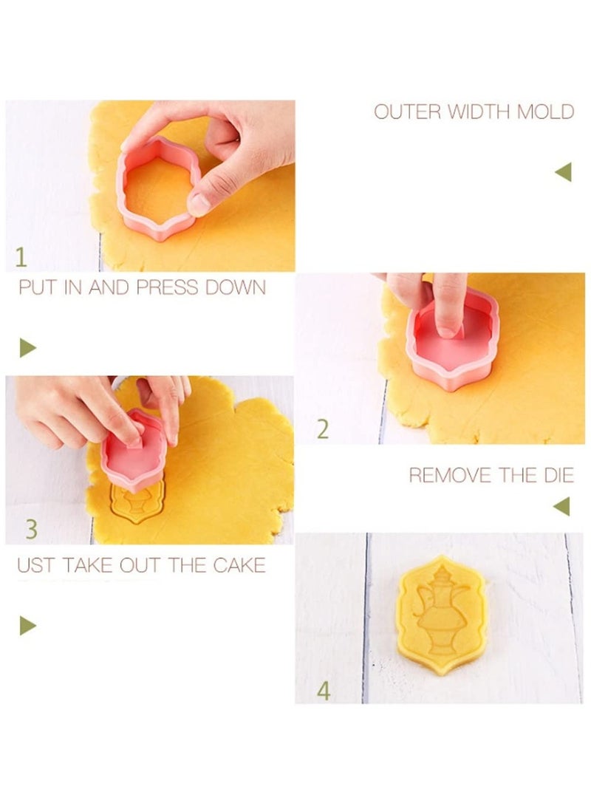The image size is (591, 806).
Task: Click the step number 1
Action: pyautogui.click(x=21, y=258)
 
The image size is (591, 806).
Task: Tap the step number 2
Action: pyautogui.click(x=322, y=429)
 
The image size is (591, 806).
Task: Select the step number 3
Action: pyautogui.click(x=32, y=529)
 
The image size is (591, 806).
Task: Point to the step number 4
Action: pyautogui.click(x=324, y=691)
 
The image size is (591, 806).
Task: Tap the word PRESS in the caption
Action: pyautogui.click(x=171, y=287)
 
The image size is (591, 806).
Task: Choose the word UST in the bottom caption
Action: pyautogui.click(x=33, y=566)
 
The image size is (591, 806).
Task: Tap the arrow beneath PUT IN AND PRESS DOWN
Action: pyautogui.click(x=28, y=347)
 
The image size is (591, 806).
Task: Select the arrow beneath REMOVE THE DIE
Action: pyautogui.click(x=562, y=506)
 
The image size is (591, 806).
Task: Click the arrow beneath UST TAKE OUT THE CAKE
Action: pyautogui.click(x=27, y=626)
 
